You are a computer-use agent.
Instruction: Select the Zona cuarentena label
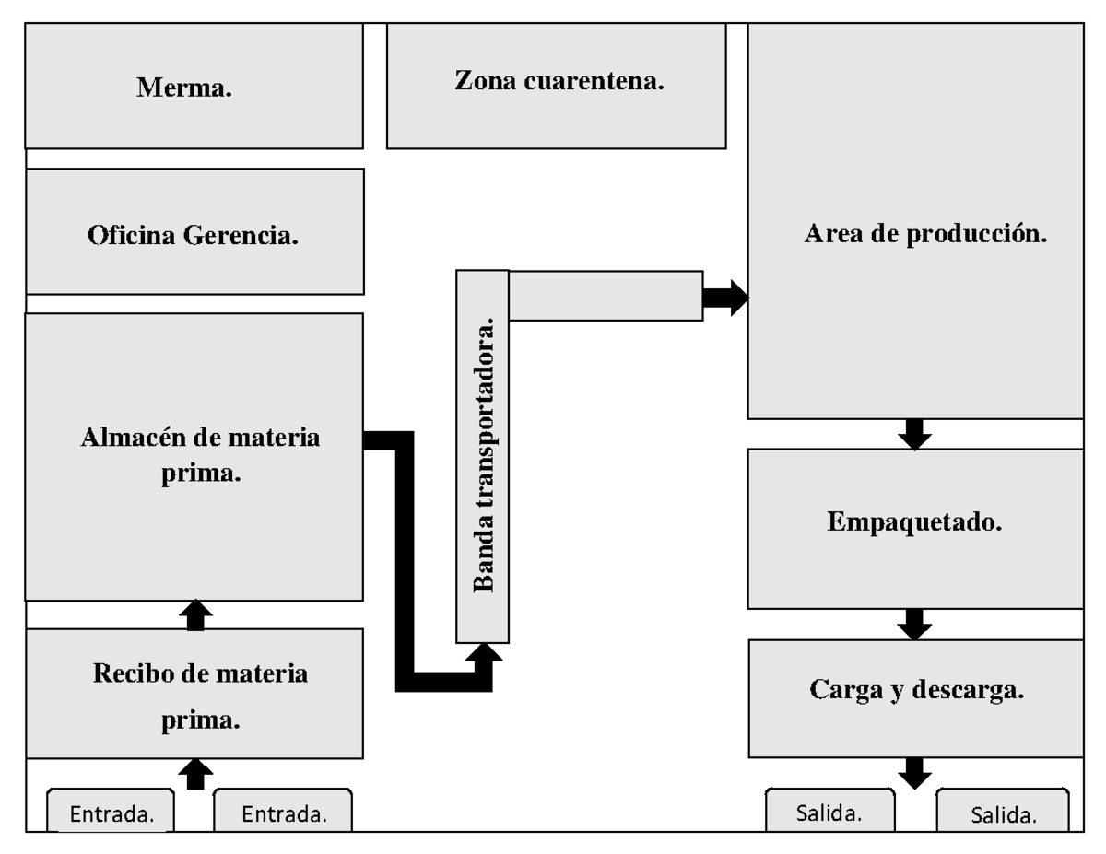click(559, 81)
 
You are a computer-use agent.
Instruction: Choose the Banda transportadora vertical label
click(483, 456)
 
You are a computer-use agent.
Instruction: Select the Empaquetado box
click(915, 528)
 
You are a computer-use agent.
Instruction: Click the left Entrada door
click(112, 813)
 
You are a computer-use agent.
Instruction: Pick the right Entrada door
click(283, 813)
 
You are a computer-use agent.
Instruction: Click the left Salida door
click(829, 813)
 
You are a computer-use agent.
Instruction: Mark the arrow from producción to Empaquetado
click(914, 434)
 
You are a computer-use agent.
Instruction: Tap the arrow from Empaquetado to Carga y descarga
click(914, 625)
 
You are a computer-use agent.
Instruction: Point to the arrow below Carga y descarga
click(914, 772)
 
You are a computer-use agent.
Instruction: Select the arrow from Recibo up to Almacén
click(194, 614)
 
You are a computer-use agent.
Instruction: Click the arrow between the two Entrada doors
click(194, 773)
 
